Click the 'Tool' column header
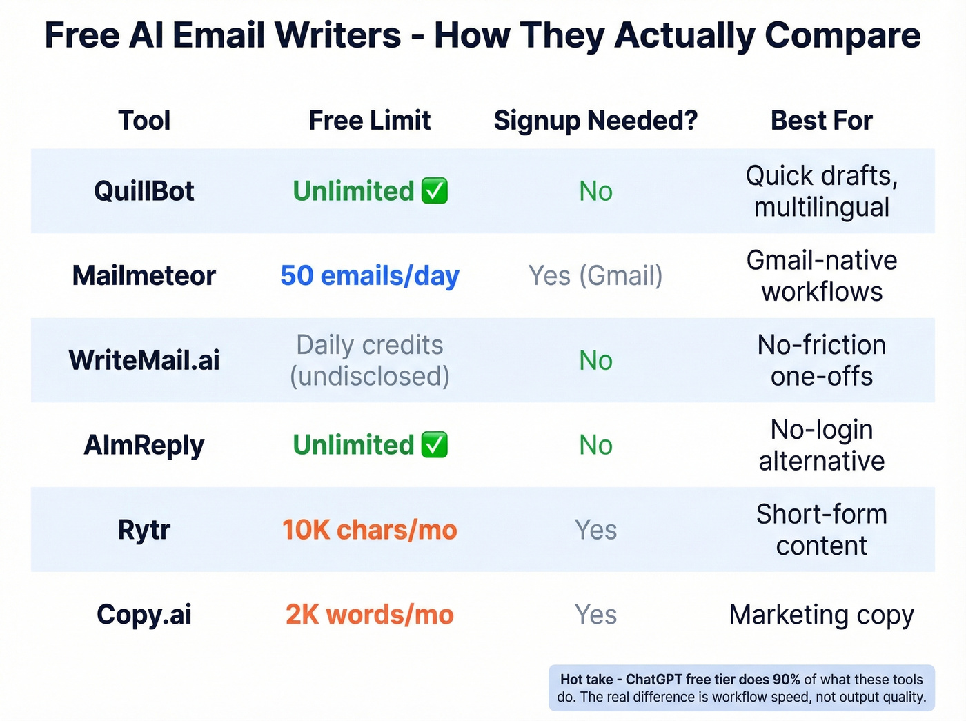(x=144, y=121)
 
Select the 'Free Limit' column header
(x=369, y=121)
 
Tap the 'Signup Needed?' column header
(x=595, y=121)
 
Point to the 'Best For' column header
(x=821, y=121)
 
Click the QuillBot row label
(x=144, y=191)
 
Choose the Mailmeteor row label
(x=144, y=276)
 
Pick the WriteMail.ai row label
(x=144, y=360)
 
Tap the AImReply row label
(x=144, y=445)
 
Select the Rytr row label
(x=144, y=530)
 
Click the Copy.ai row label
(x=144, y=615)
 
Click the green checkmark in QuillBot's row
(x=435, y=191)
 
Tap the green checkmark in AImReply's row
(x=435, y=445)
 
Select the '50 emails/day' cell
(x=369, y=276)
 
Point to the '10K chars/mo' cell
(x=369, y=530)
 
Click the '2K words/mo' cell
(x=369, y=615)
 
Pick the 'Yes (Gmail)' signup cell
(x=595, y=276)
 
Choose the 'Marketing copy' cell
(x=821, y=615)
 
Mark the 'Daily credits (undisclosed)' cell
(x=369, y=360)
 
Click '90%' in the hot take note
(x=786, y=680)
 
